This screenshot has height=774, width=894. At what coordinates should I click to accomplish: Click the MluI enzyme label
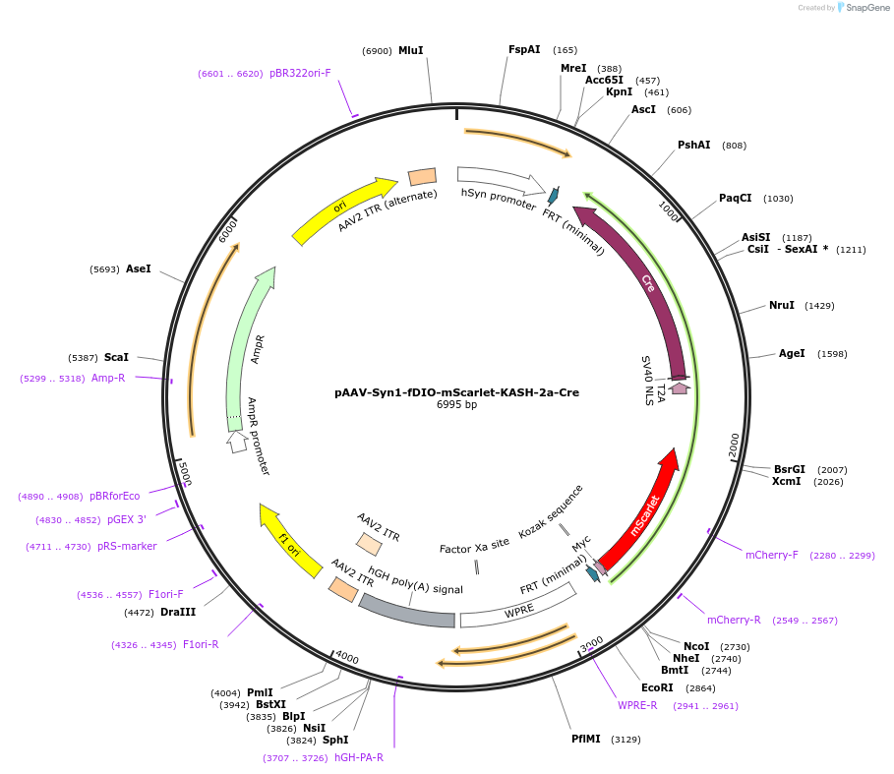[410, 50]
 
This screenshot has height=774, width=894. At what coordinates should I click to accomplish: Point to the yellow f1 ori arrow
[290, 542]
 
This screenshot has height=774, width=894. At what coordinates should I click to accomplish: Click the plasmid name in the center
[456, 391]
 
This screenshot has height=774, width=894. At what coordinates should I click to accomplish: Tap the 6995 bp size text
[456, 405]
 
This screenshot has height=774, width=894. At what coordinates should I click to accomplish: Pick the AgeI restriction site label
[792, 353]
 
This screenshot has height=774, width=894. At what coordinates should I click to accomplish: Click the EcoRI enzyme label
[657, 687]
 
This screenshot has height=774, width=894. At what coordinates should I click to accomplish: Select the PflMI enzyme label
[586, 739]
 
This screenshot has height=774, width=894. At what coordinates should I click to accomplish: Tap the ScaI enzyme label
[116, 357]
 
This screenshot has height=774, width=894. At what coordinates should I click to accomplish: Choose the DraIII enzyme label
[178, 612]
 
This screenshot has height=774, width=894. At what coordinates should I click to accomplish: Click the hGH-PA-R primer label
[359, 757]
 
